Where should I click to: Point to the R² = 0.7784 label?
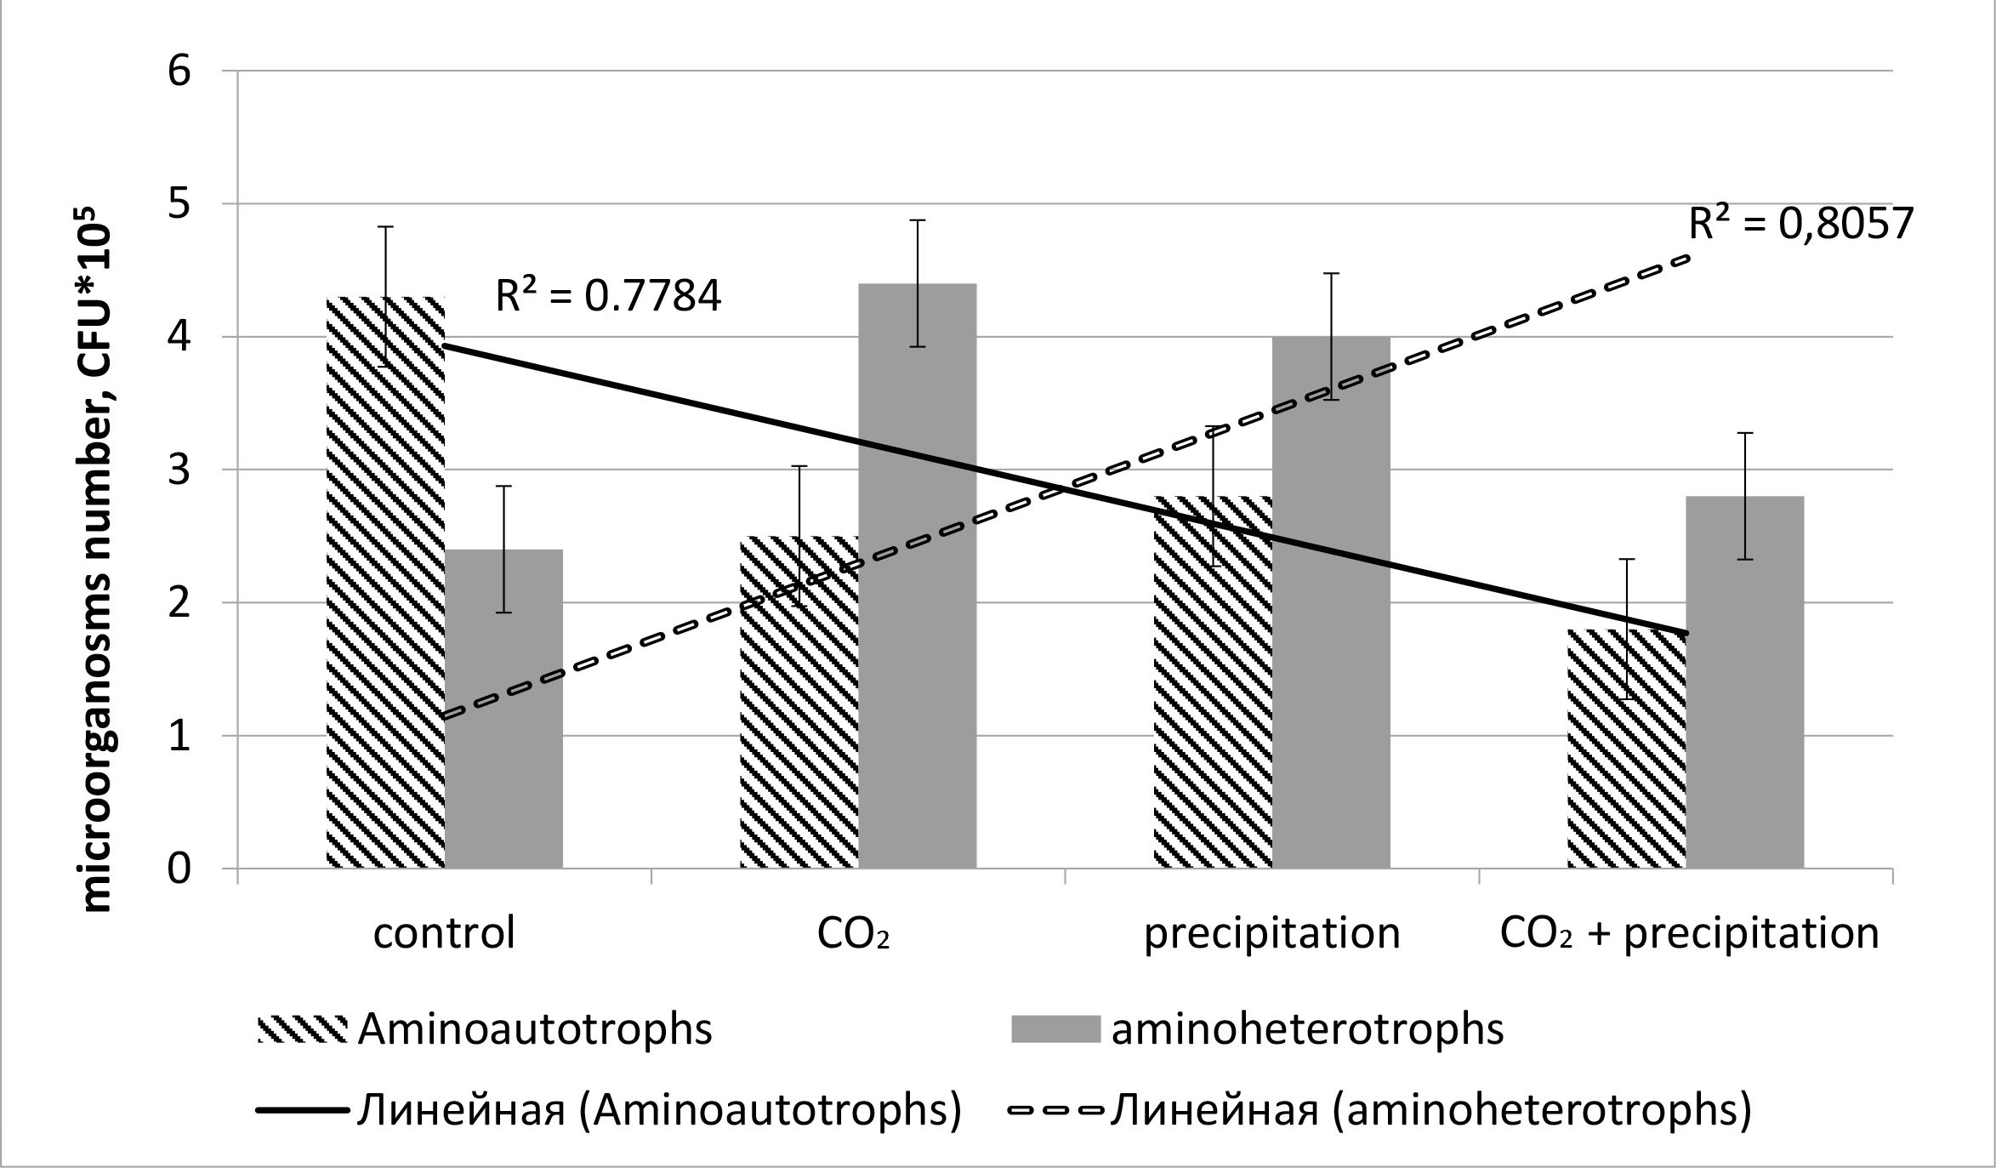tap(609, 297)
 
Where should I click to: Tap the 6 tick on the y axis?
tap(179, 71)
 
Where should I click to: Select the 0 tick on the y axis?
tap(179, 869)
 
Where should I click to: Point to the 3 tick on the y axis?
tap(179, 470)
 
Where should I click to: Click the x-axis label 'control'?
tap(444, 933)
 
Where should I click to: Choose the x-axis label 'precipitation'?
tap(1271, 933)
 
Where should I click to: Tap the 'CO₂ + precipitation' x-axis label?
tap(1689, 933)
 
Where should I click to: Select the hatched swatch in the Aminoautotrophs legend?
tap(302, 1030)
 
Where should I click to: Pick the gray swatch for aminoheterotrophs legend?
tap(1055, 1030)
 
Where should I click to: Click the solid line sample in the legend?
tap(302, 1110)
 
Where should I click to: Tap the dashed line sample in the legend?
tap(1055, 1110)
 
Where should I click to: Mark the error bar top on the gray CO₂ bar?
tap(918, 220)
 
